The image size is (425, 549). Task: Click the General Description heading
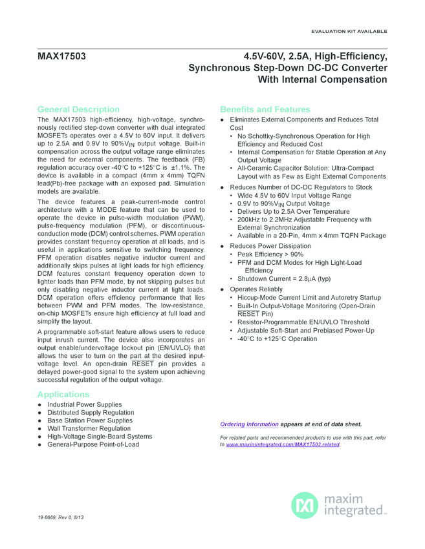78,109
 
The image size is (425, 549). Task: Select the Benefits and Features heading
265,109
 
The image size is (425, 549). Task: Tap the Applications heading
63,394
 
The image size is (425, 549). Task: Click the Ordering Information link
250,424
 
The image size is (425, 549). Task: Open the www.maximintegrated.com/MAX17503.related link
282,445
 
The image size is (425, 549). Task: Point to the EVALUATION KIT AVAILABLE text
349,31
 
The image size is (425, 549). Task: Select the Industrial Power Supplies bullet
84,405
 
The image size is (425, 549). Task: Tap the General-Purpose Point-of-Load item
93,444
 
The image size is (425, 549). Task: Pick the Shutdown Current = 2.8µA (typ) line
283,278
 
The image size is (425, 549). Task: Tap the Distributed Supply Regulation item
91,413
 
